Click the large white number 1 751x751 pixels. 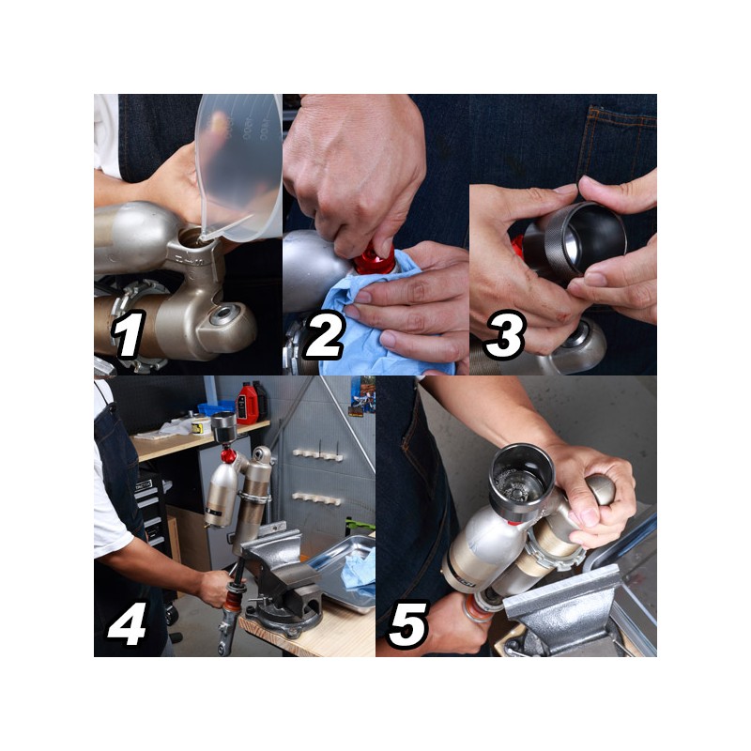(x=129, y=334)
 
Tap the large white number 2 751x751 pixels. (x=324, y=334)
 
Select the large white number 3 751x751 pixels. (x=506, y=334)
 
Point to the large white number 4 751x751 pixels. (x=128, y=623)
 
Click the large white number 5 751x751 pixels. (x=408, y=624)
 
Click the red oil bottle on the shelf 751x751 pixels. (x=247, y=404)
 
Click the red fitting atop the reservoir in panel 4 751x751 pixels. (x=228, y=454)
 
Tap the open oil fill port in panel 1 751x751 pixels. (x=195, y=238)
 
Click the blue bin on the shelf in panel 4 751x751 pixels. (x=217, y=408)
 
